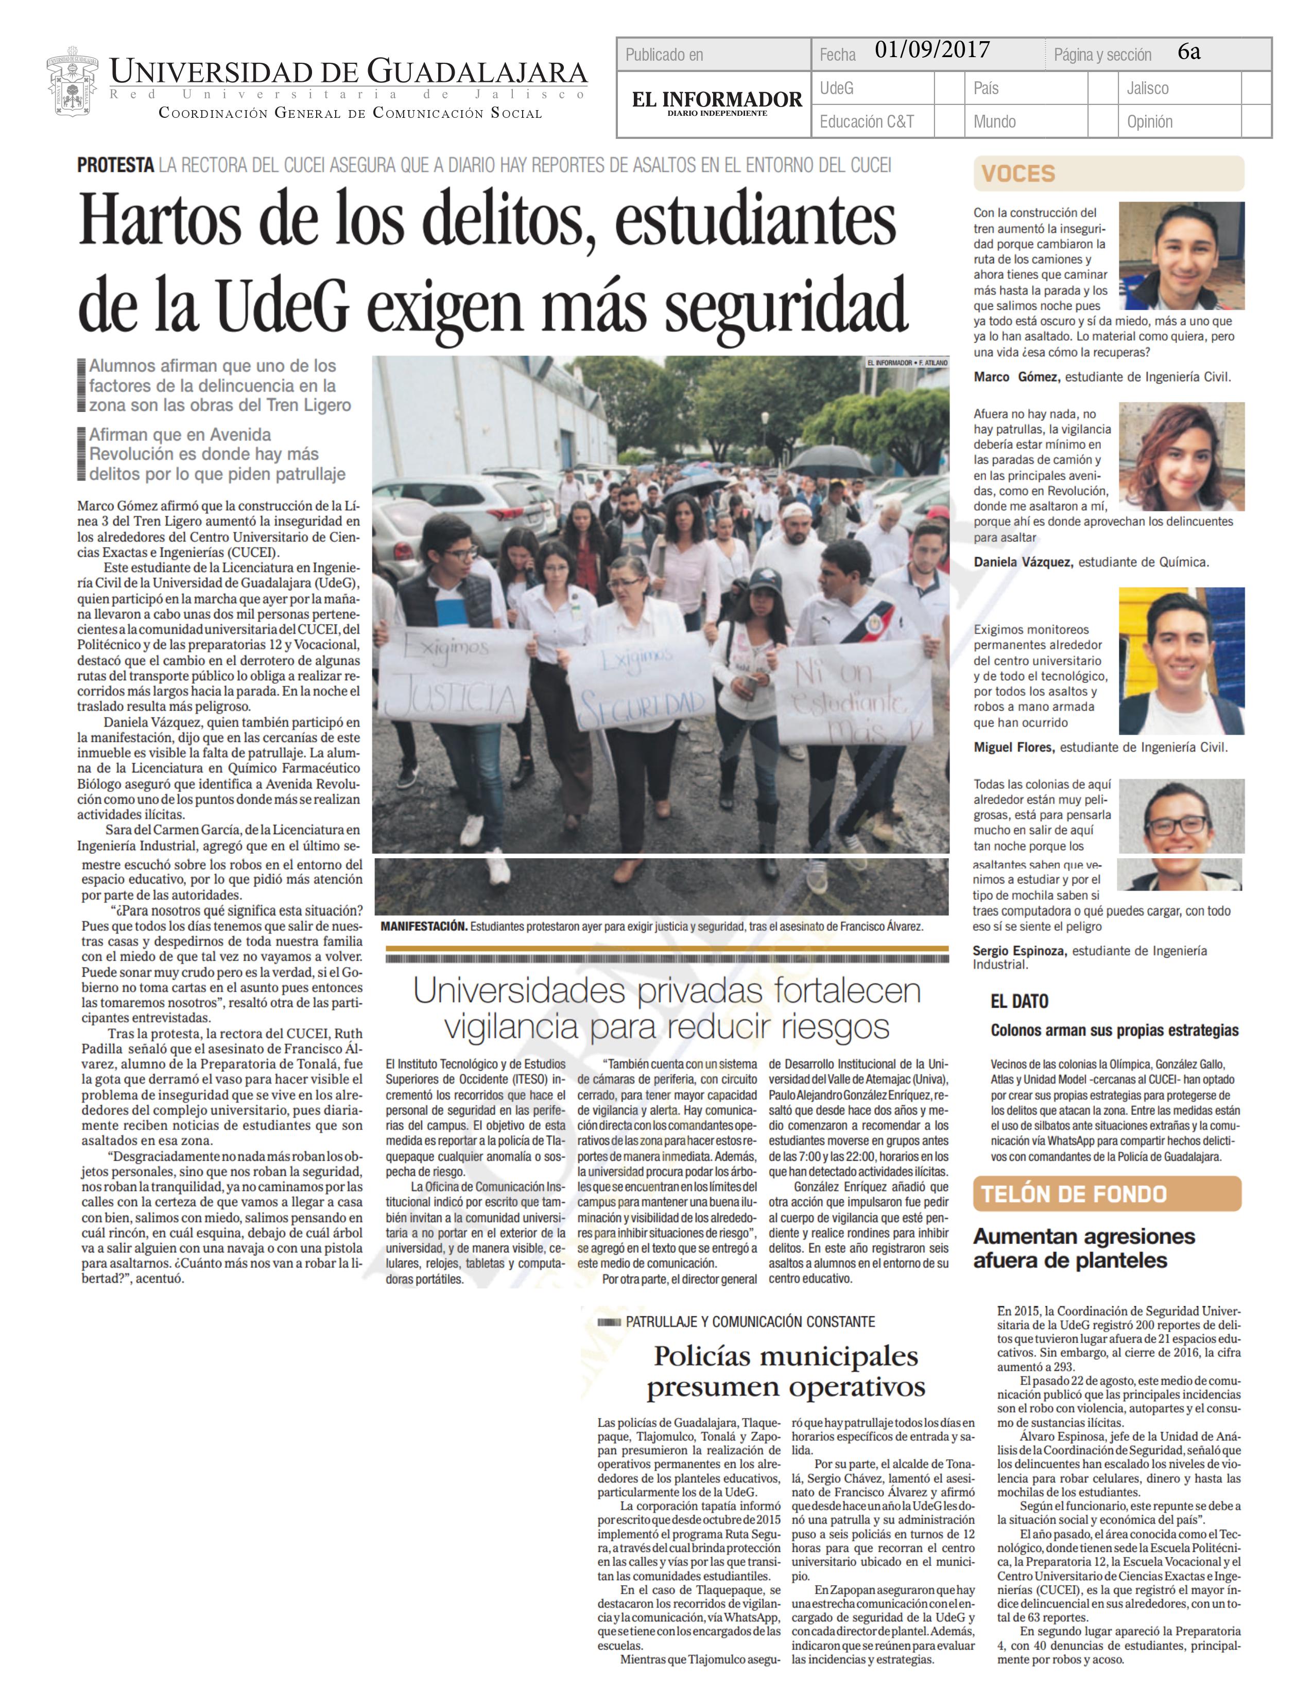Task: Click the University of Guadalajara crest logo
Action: click(x=72, y=85)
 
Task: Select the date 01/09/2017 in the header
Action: click(x=932, y=50)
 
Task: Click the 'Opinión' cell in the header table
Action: click(x=1150, y=121)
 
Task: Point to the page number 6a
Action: click(x=1188, y=52)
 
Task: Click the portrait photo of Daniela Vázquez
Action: click(x=1181, y=456)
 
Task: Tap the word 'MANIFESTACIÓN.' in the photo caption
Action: click(x=424, y=927)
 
